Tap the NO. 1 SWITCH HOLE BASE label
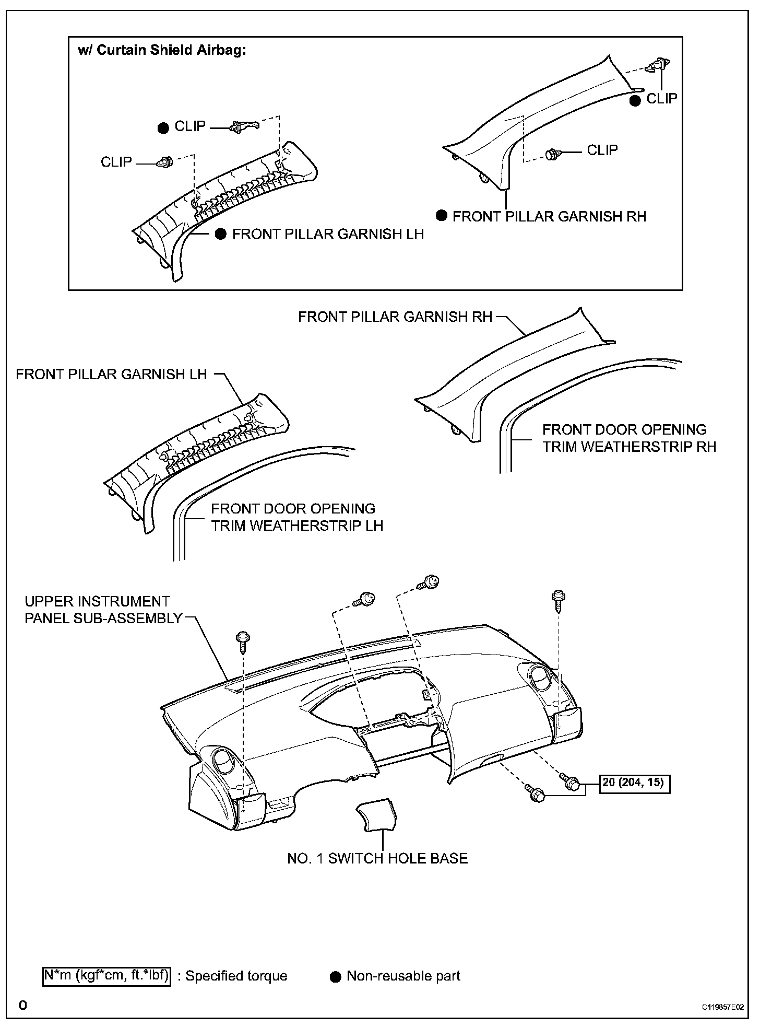(x=377, y=858)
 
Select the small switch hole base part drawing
(x=376, y=815)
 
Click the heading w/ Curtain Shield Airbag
(x=162, y=51)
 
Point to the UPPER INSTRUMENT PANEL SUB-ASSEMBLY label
(x=103, y=610)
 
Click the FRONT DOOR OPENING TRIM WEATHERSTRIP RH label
(x=629, y=438)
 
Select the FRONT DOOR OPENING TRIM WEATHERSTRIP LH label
(x=296, y=517)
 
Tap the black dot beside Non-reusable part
(x=336, y=976)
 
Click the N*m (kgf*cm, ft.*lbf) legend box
(x=106, y=976)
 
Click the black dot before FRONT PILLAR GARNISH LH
(x=221, y=234)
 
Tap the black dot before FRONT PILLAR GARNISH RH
(x=442, y=216)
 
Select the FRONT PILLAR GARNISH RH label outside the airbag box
(x=395, y=317)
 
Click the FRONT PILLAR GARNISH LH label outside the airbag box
(x=111, y=374)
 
